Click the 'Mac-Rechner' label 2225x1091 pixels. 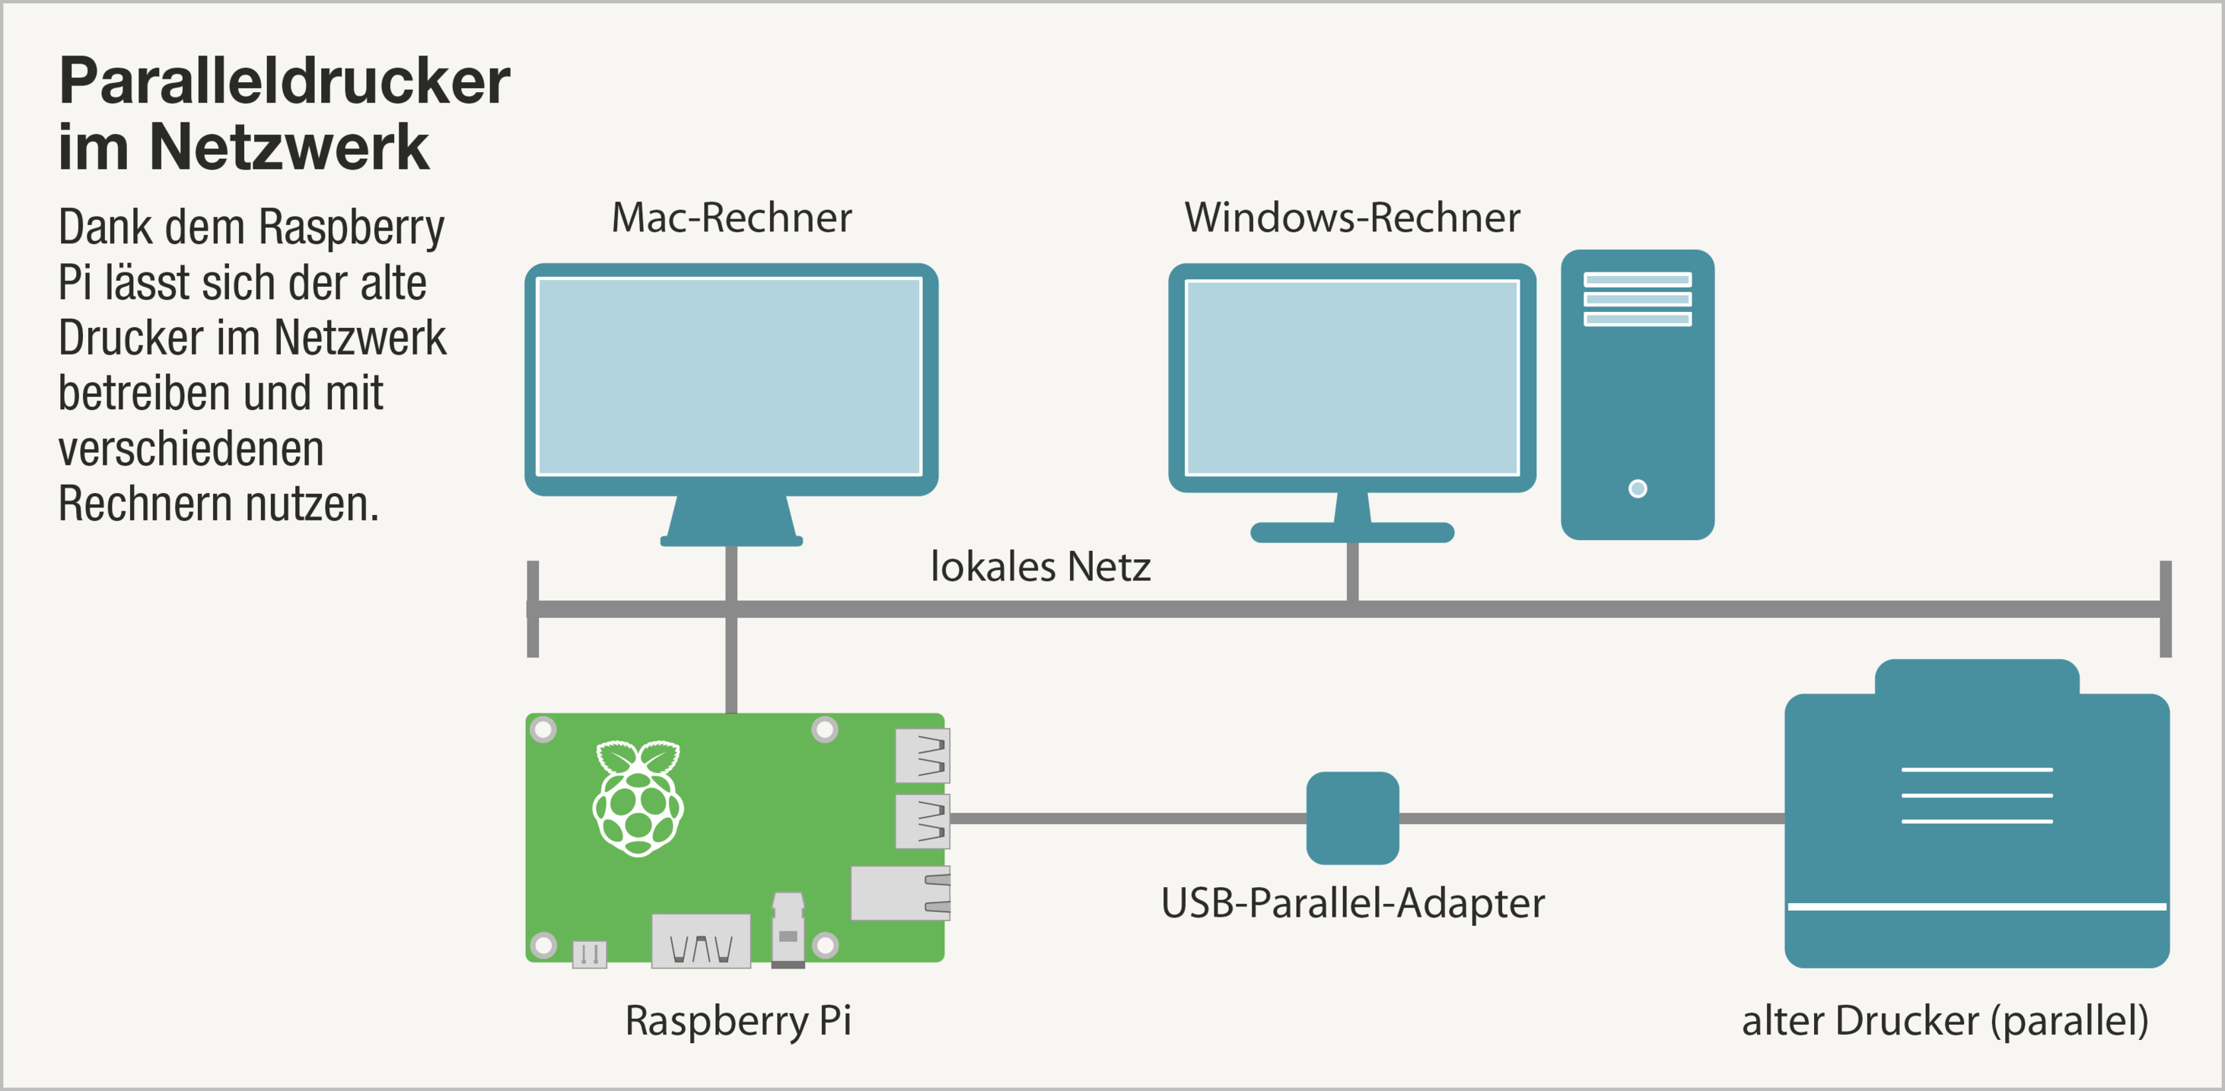coord(731,218)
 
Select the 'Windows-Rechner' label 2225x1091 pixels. coord(1351,218)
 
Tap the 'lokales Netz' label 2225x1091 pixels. coord(1040,568)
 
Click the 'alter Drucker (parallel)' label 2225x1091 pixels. coord(1944,1021)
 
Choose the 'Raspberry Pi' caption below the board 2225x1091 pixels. coord(737,1021)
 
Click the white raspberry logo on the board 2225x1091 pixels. coord(638,798)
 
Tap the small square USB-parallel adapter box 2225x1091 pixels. coord(1351,818)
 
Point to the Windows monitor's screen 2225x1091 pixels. coord(1351,377)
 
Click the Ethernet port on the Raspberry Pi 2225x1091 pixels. coord(900,893)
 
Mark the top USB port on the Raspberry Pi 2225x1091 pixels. coord(922,755)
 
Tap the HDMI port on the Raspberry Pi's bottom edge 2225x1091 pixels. coord(701,942)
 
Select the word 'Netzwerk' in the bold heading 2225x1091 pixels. coord(288,147)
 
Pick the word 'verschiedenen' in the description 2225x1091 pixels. coord(191,449)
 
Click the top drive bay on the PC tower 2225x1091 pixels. coord(1637,280)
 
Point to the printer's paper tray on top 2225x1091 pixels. coord(1976,677)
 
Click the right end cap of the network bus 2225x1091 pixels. coord(2165,609)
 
